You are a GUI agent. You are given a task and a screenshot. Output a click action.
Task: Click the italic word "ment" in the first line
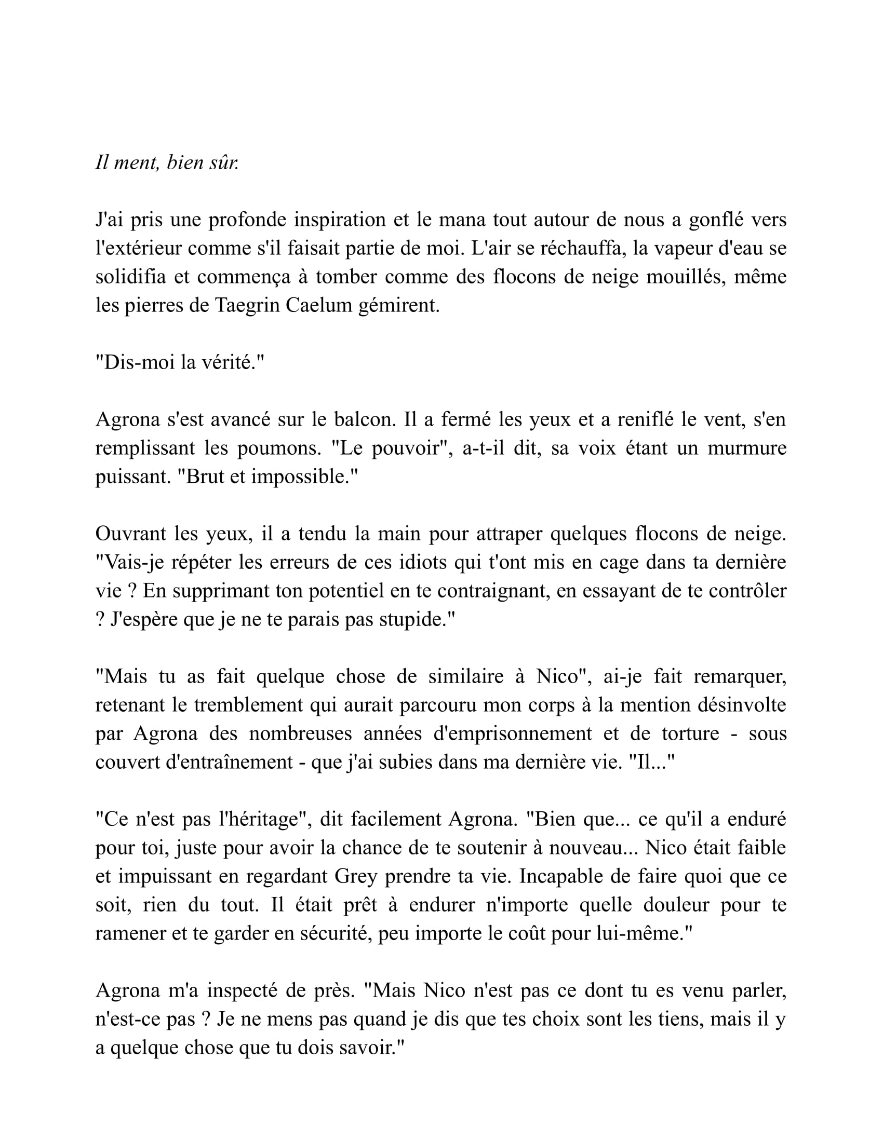click(x=136, y=163)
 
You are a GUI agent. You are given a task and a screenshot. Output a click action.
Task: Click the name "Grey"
click(x=356, y=877)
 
